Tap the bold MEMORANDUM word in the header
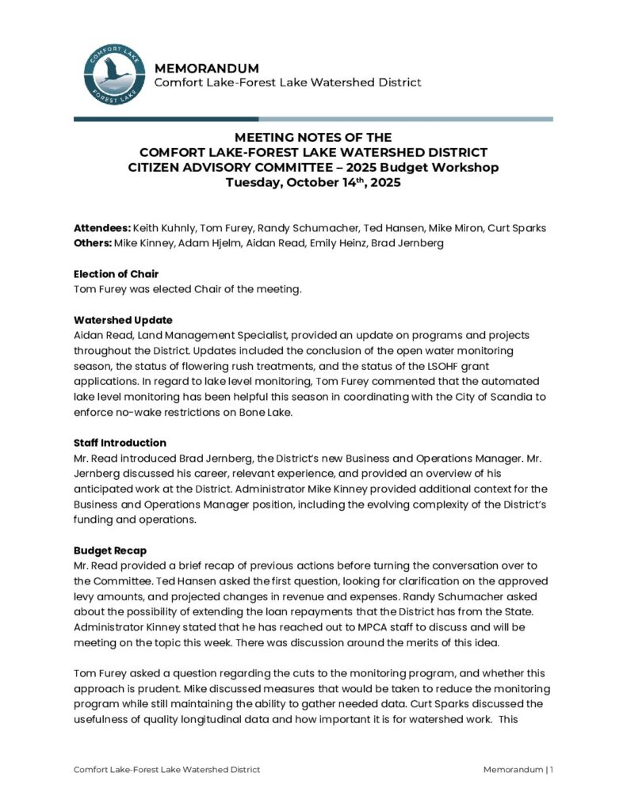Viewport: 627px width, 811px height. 206,68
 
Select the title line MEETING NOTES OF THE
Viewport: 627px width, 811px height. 313,138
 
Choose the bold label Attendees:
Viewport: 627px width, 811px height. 101,228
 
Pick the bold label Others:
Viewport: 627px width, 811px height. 92,243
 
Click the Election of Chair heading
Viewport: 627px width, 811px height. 117,274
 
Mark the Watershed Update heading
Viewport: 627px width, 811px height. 123,320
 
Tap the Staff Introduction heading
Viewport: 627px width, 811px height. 120,443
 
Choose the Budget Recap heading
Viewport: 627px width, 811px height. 110,550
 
